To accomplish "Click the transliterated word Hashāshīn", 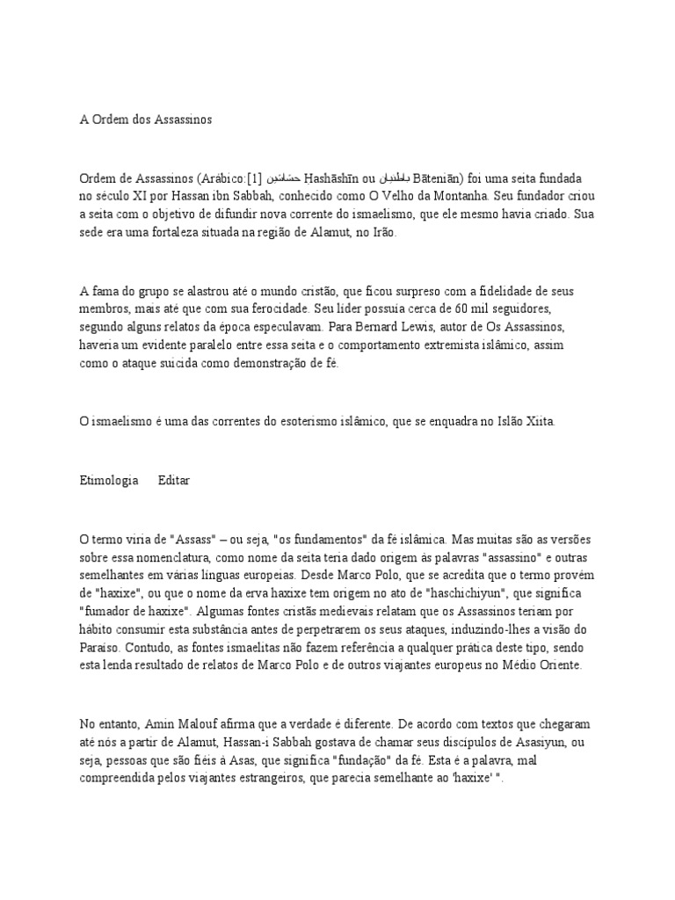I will (335, 178).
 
